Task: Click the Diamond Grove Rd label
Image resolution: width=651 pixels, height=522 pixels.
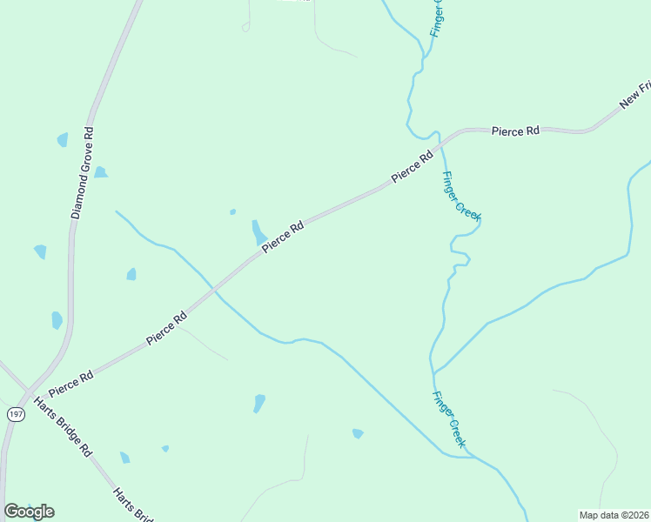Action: [83, 172]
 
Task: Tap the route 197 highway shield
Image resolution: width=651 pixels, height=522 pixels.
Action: [16, 414]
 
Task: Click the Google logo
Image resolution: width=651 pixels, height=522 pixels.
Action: [29, 512]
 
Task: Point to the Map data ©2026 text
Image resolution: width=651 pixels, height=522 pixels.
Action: [614, 515]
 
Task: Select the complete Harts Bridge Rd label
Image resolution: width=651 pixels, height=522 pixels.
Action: [62, 427]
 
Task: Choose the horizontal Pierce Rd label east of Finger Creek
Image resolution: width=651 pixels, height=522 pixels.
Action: [515, 130]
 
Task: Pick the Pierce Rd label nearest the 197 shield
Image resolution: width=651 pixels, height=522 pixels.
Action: [71, 381]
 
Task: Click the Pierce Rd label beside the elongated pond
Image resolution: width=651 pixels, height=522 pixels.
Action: [283, 237]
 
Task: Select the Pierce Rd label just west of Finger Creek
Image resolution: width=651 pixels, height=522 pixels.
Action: [412, 167]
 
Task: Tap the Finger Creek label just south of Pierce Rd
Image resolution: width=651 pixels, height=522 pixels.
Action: [460, 196]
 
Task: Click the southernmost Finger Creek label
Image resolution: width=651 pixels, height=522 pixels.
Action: [448, 420]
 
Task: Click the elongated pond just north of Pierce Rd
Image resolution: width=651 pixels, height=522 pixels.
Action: [258, 231]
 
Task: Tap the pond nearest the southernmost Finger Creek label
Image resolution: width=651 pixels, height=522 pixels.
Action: [357, 433]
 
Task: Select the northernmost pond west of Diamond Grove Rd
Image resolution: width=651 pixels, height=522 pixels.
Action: [62, 139]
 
